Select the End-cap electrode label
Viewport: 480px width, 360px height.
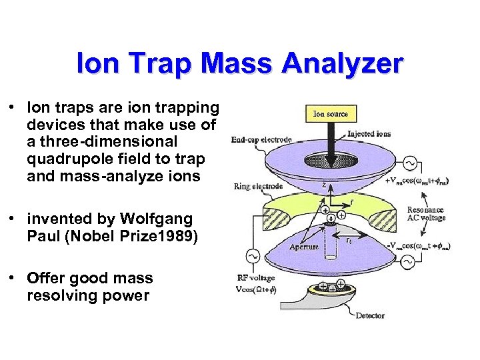click(261, 140)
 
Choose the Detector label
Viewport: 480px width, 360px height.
click(370, 315)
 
